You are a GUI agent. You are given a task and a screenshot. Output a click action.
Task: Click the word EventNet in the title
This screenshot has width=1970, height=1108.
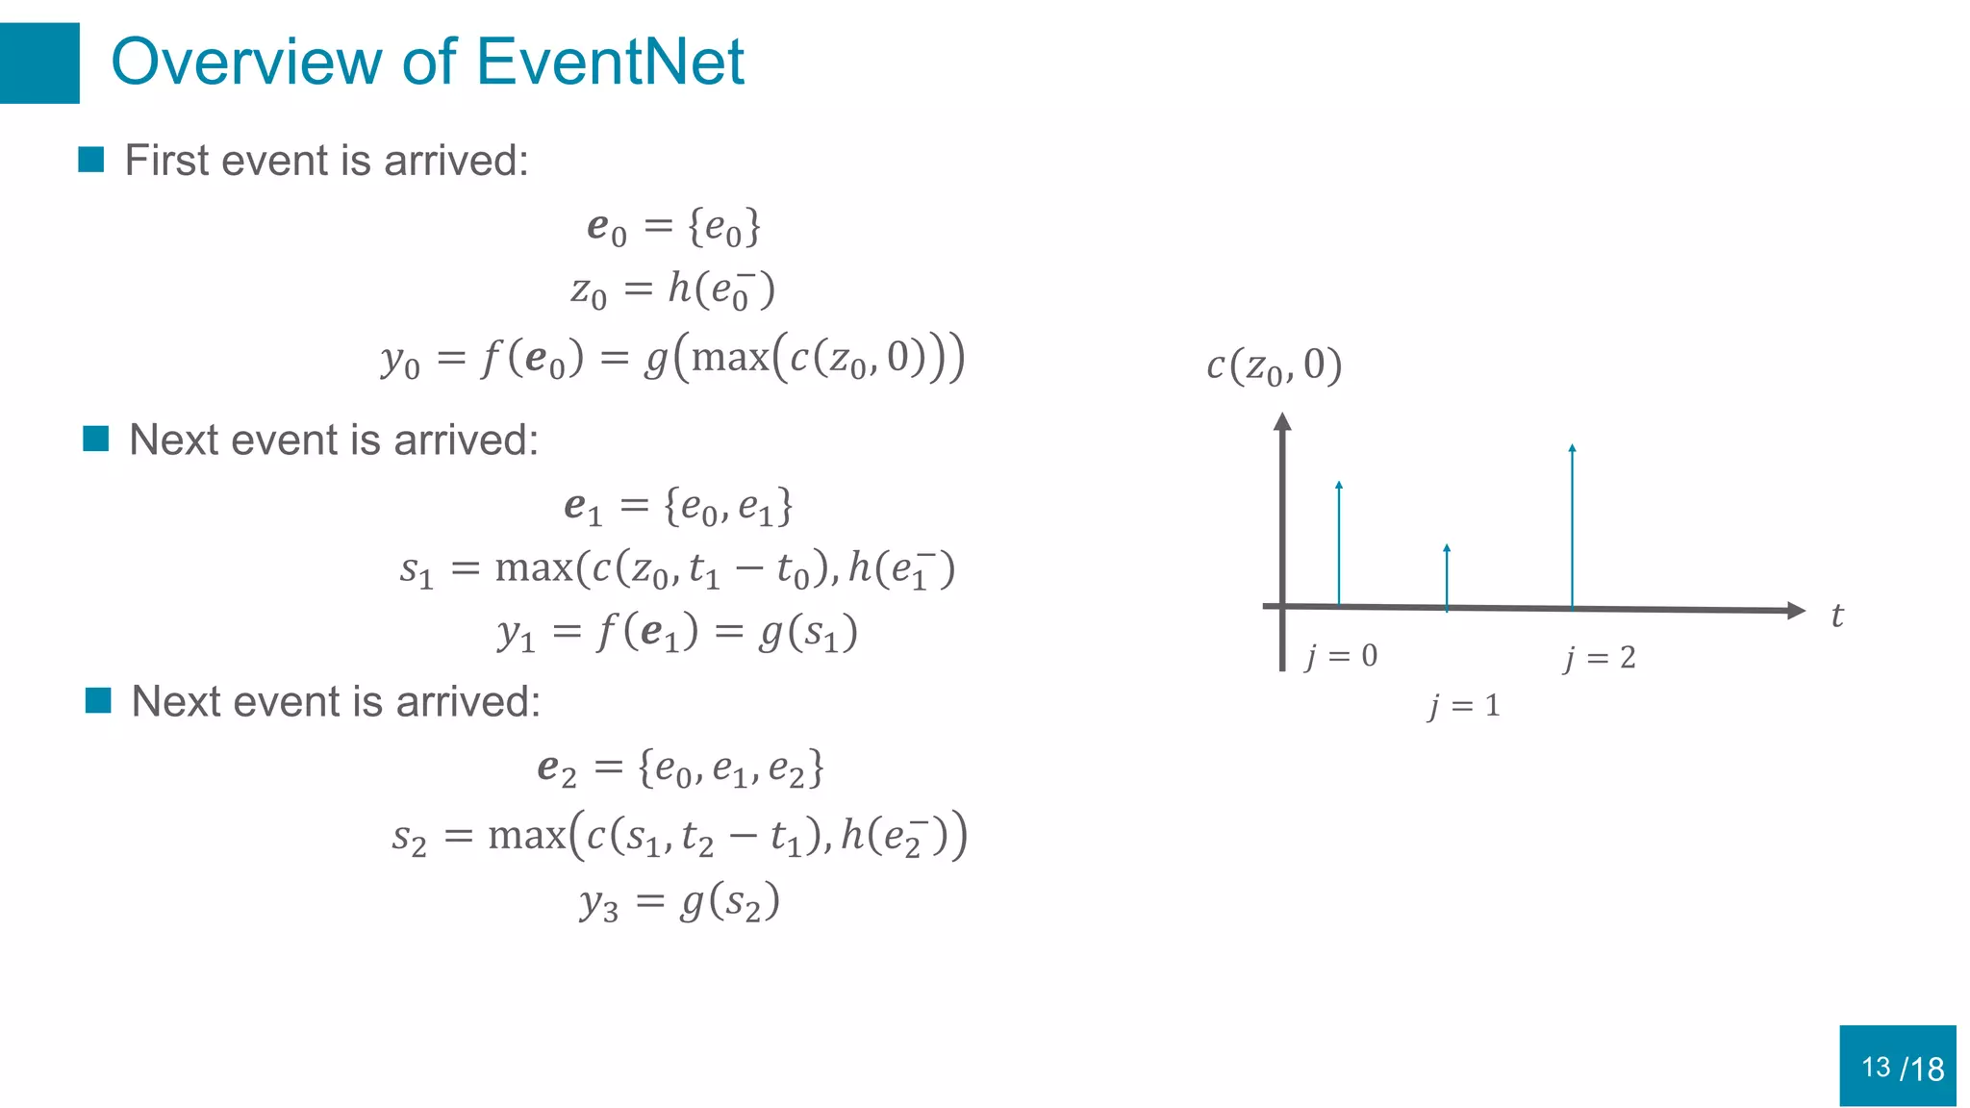610,63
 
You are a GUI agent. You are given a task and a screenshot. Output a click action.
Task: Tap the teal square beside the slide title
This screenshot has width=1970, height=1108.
39,63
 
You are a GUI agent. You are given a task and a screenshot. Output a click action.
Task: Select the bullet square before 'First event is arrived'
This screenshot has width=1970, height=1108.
91,160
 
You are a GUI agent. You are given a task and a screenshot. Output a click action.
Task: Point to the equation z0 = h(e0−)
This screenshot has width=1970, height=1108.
672,290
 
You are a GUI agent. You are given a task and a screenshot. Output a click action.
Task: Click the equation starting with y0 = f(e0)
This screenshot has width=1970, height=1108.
672,359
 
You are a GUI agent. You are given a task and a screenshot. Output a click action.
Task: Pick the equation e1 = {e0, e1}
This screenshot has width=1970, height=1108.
678,507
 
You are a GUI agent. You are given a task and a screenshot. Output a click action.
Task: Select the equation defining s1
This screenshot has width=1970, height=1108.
677,569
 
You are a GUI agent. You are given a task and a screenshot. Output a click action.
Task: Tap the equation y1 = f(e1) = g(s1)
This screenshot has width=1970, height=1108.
677,634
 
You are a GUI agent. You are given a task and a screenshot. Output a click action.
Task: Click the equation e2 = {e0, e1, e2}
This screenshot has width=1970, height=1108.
680,769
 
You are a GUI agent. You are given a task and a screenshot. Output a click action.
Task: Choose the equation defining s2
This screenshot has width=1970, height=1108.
679,835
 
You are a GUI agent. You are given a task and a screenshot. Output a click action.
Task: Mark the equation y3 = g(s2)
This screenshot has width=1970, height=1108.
679,902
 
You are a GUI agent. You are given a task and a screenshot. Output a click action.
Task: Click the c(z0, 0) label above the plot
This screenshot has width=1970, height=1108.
1274,366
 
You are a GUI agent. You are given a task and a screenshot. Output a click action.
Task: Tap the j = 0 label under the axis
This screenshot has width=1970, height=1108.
1342,657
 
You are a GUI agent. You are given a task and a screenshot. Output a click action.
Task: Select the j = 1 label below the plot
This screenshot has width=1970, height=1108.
1464,707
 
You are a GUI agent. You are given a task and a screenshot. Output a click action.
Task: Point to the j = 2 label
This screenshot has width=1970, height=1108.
1600,658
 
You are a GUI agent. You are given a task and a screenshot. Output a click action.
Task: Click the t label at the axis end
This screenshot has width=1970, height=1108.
1837,616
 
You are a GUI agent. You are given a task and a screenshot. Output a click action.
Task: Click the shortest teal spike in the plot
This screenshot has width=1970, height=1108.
1447,577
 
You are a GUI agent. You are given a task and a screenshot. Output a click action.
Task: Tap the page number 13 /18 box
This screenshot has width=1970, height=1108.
1898,1066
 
